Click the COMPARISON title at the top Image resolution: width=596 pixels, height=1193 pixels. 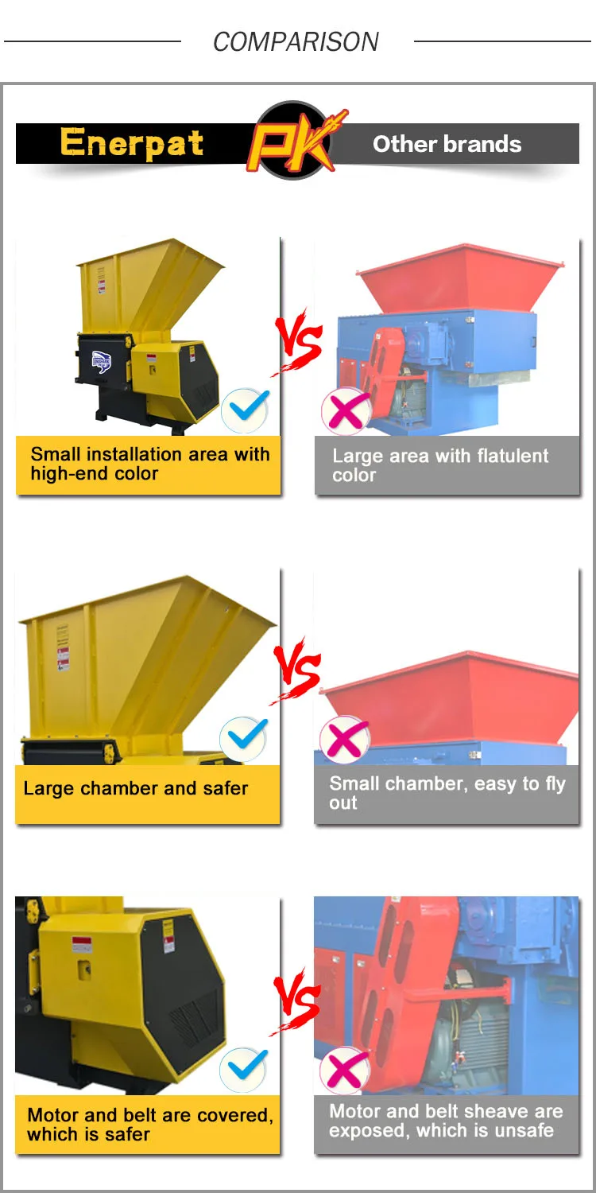(296, 41)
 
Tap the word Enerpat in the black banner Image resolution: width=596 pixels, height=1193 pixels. (131, 142)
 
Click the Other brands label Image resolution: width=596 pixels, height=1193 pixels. (447, 144)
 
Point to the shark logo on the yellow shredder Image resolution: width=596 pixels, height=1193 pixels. (101, 362)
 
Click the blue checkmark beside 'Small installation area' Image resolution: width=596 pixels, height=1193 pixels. (245, 410)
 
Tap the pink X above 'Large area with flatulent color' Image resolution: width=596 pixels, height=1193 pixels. (346, 410)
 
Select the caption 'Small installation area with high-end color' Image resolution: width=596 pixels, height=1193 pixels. (149, 464)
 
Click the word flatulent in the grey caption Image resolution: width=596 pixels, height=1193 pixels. (512, 456)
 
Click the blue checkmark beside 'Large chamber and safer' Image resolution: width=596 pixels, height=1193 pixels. (244, 738)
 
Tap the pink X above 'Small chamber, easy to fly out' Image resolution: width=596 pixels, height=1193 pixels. (344, 739)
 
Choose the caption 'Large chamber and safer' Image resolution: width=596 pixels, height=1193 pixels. (136, 788)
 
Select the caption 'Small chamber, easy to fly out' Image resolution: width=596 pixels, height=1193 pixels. (447, 793)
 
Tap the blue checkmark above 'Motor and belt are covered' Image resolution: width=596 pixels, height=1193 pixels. (244, 1069)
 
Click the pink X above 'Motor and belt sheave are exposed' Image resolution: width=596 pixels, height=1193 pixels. (344, 1070)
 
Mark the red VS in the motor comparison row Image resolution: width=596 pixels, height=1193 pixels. (296, 1001)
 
